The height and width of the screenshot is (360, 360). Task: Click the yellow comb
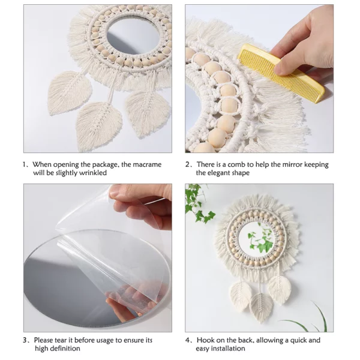[x=281, y=73]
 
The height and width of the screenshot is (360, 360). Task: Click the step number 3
[x=25, y=340]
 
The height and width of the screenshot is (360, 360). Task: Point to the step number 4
[x=187, y=340]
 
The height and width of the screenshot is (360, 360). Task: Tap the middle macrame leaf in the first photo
[x=99, y=126]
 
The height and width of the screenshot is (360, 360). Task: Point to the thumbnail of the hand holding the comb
[x=259, y=79]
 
